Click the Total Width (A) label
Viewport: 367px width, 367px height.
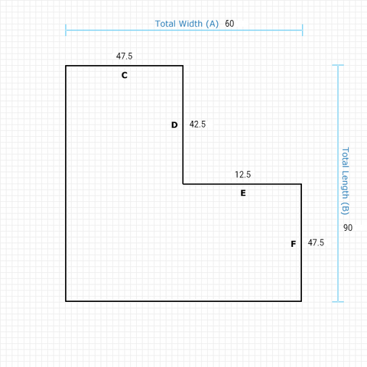pyautogui.click(x=187, y=24)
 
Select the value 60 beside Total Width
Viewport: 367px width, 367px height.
pyautogui.click(x=229, y=24)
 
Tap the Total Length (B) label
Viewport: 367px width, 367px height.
pyautogui.click(x=345, y=181)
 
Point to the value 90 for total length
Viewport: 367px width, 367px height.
pyautogui.click(x=348, y=228)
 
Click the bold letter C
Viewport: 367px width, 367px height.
pyautogui.click(x=125, y=75)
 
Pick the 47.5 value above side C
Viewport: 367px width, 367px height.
pyautogui.click(x=125, y=56)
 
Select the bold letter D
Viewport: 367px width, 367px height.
pyautogui.click(x=174, y=125)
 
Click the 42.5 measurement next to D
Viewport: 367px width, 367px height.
pyautogui.click(x=197, y=124)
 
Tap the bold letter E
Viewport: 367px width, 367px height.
pyautogui.click(x=243, y=193)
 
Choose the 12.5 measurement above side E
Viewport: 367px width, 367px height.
pyautogui.click(x=243, y=174)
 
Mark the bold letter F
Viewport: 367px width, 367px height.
pyautogui.click(x=294, y=244)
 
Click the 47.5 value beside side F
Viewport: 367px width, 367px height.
pyautogui.click(x=316, y=242)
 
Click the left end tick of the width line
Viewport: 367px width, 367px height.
pyautogui.click(x=66, y=30)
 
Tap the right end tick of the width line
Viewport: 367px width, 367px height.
pyautogui.click(x=303, y=30)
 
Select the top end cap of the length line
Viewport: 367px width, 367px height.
pyautogui.click(x=338, y=65)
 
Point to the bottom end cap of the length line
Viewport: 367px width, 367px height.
pyautogui.click(x=338, y=302)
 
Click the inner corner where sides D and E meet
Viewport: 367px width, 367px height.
pyautogui.click(x=183, y=183)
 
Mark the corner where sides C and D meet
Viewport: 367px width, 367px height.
pyautogui.click(x=183, y=66)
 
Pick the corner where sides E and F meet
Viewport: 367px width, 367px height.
pyautogui.click(x=301, y=183)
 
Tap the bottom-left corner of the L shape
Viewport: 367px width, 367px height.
pyautogui.click(x=66, y=301)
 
